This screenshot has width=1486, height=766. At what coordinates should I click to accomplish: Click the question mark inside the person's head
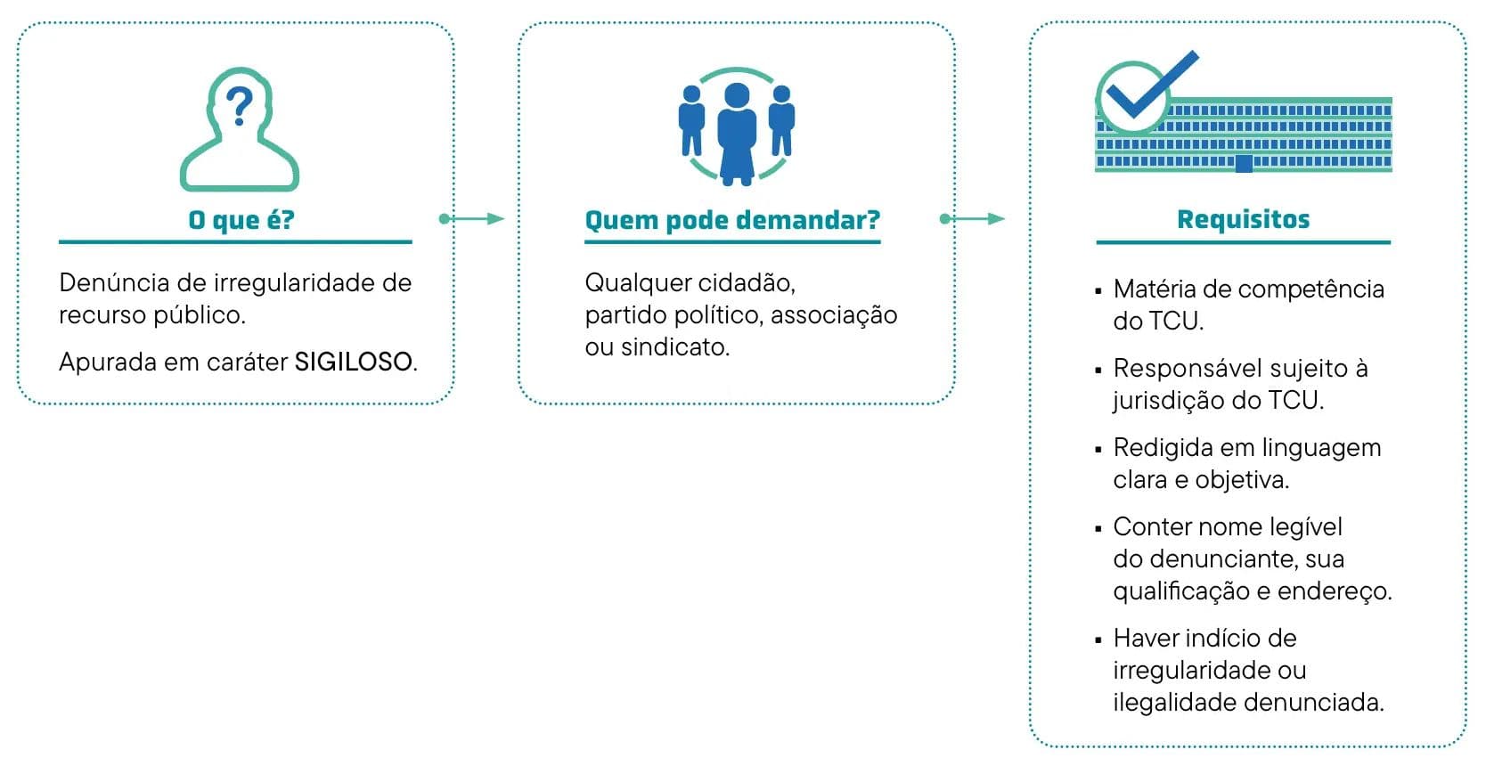238,106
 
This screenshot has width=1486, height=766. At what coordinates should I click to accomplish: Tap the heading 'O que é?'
241,220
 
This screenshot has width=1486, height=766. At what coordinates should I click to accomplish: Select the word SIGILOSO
354,362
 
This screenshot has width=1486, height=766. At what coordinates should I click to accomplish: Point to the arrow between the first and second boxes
473,219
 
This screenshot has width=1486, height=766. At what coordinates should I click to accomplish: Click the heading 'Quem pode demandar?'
732,220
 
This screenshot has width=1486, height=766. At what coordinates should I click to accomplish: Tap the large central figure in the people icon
737,134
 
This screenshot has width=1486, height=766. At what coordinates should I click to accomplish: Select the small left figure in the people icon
691,120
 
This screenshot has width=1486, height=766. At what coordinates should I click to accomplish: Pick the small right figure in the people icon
781,120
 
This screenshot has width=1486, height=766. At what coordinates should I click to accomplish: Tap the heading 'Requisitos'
1243,220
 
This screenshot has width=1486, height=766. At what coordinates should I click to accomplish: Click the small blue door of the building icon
1244,163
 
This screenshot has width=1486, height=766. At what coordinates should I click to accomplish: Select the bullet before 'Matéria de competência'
1098,290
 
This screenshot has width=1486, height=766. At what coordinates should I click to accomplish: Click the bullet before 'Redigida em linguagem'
1098,449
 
